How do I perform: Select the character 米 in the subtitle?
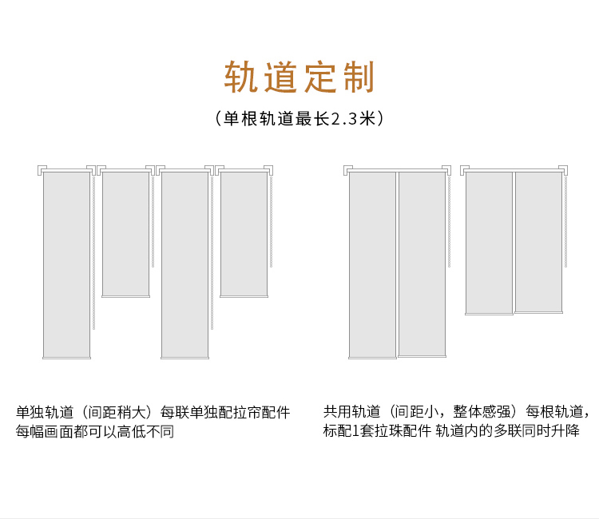[367, 119]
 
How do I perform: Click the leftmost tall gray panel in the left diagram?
[66, 263]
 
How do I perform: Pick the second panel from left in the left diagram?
[125, 233]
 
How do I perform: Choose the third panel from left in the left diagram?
[184, 263]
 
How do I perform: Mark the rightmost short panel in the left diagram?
[244, 233]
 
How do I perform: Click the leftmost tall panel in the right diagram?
[372, 263]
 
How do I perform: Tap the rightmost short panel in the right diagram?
[538, 241]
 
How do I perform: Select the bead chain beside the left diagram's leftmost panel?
[94, 252]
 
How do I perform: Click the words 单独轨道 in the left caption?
[45, 413]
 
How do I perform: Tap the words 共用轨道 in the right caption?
[351, 412]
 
